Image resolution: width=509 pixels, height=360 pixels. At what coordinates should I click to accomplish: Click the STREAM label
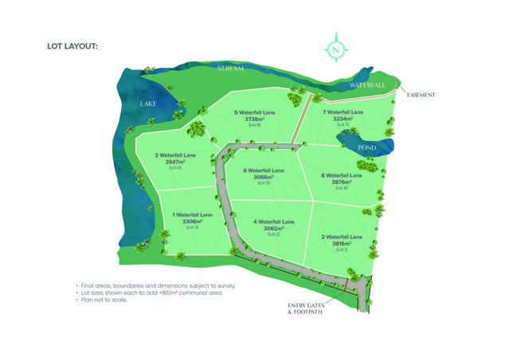tap(229, 69)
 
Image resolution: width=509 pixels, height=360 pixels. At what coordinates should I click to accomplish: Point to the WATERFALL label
tap(366, 84)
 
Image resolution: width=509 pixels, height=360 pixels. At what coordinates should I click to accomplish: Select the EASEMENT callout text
tap(421, 95)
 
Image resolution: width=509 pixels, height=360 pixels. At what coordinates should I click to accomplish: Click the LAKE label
tap(147, 104)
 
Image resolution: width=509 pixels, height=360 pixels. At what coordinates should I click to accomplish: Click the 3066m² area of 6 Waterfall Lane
tap(262, 177)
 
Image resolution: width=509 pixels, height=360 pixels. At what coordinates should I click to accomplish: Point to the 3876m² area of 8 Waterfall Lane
tap(341, 182)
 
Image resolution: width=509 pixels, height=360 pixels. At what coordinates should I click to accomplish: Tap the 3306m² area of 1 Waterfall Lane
tap(192, 221)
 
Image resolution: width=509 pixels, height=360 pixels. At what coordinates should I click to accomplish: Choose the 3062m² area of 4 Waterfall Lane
tap(273, 228)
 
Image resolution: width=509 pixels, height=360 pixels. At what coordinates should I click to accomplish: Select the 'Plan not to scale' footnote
tap(110, 299)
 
